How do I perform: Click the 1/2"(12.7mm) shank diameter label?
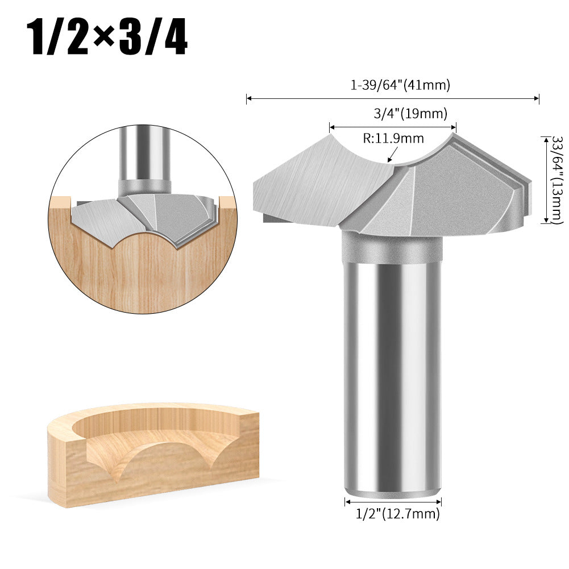(397, 514)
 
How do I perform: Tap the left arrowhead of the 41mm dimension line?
(248, 99)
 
